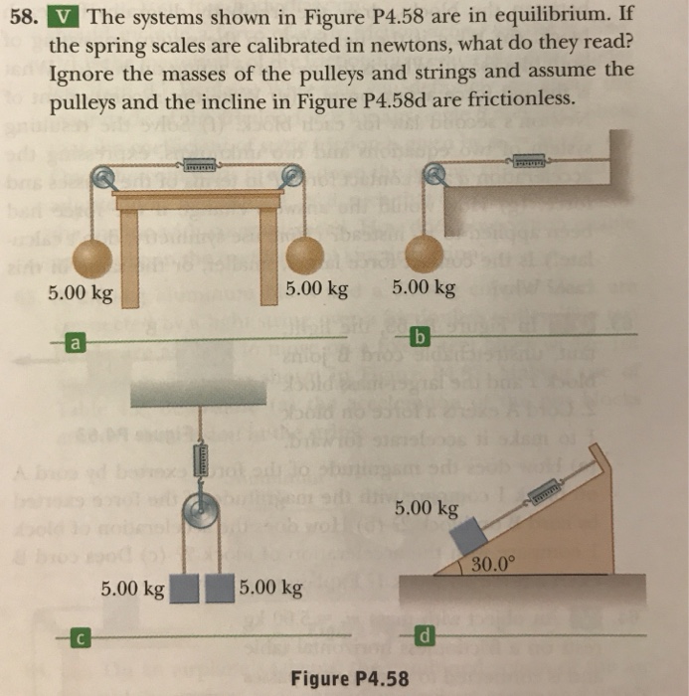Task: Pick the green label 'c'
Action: tap(73, 636)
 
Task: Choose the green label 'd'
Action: tap(425, 633)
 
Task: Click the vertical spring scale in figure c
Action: tap(204, 460)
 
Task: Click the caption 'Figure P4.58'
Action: tap(350, 679)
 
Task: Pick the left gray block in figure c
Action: tap(185, 589)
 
